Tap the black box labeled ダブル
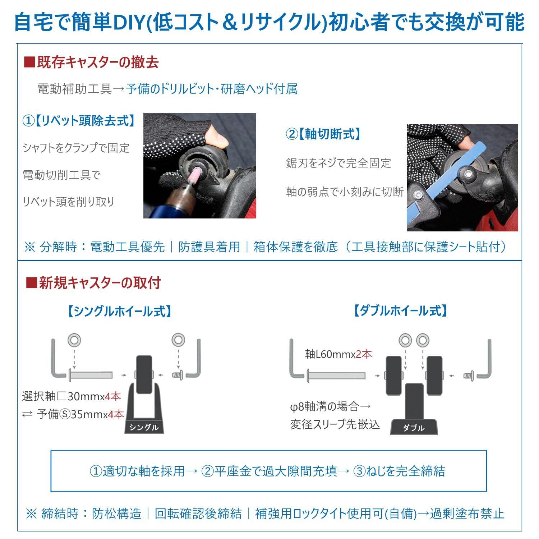pyautogui.click(x=414, y=427)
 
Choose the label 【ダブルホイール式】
pyautogui.click(x=400, y=311)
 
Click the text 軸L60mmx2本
pyautogui.click(x=338, y=354)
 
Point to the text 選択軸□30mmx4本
pyautogui.click(x=71, y=396)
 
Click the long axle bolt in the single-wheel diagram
pyautogui.click(x=90, y=375)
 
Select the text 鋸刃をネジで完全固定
pyautogui.click(x=338, y=163)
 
